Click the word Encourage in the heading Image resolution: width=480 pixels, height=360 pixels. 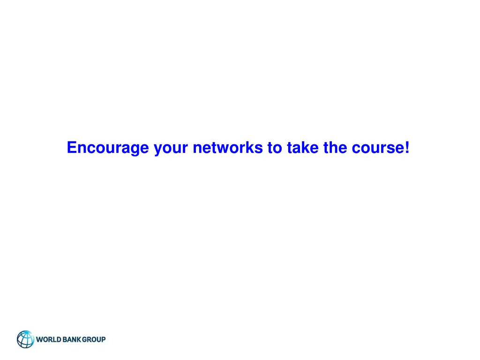(x=108, y=148)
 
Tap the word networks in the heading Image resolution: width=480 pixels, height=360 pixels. (x=228, y=148)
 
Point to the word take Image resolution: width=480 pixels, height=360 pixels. (x=300, y=148)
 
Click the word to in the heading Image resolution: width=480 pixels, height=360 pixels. (x=274, y=148)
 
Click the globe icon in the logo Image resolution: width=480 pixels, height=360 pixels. (x=26, y=339)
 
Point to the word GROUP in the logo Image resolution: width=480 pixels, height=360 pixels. (x=94, y=339)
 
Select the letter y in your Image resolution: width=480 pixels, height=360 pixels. (x=158, y=150)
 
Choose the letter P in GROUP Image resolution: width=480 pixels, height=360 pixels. (x=103, y=339)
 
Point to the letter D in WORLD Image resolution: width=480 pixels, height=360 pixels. (x=59, y=339)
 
